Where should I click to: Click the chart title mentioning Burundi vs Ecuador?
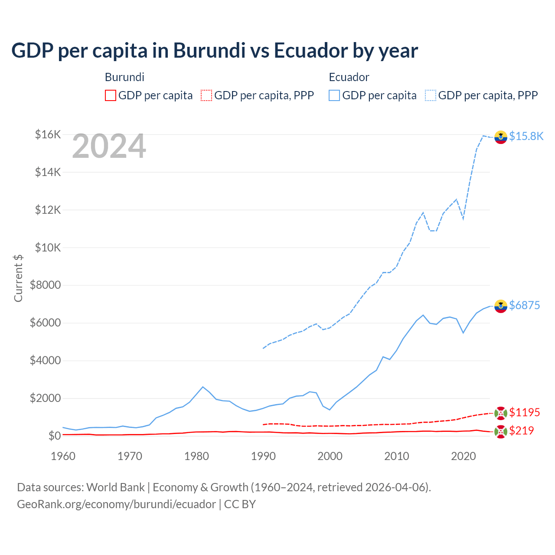(x=214, y=50)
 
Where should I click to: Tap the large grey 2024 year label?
(x=109, y=147)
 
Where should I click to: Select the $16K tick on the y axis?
(x=48, y=134)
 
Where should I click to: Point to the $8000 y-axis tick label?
(x=45, y=285)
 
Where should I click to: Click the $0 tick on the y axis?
(x=54, y=436)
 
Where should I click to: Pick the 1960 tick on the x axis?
(x=63, y=456)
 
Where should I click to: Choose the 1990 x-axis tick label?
(x=263, y=456)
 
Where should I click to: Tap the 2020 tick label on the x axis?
(x=464, y=456)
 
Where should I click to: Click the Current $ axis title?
(x=18, y=278)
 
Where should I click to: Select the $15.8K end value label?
(x=526, y=136)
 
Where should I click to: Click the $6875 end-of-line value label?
(x=524, y=305)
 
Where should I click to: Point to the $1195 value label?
(x=524, y=412)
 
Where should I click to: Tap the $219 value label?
(x=521, y=431)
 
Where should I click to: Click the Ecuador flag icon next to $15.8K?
(x=501, y=137)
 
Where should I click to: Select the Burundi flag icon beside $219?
(x=501, y=431)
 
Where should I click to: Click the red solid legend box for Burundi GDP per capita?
(x=111, y=95)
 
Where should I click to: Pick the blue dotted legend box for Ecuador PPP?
(x=431, y=95)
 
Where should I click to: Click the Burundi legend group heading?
(x=124, y=77)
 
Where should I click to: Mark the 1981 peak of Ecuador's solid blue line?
(x=203, y=387)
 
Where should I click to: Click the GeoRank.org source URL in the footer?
(x=116, y=504)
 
